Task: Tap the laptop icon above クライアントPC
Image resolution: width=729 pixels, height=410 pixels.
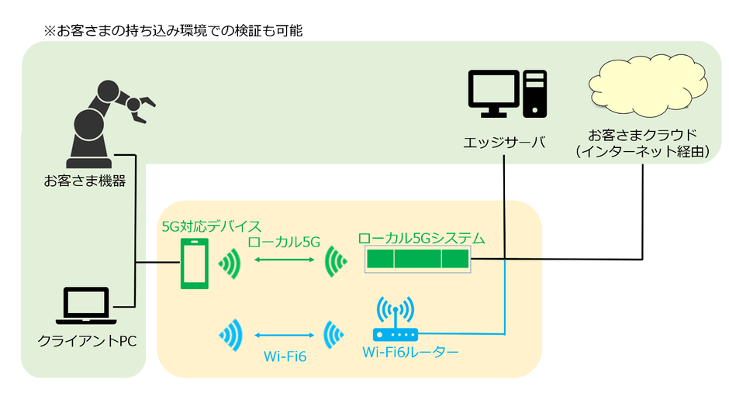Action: point(85,307)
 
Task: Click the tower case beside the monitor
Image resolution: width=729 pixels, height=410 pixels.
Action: point(536,94)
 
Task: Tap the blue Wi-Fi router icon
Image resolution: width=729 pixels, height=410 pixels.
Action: point(396,322)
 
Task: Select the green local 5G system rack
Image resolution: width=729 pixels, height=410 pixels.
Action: point(418,260)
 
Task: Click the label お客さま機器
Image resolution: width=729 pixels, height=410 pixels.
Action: point(85,182)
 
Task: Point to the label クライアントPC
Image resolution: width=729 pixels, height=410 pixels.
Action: point(86,341)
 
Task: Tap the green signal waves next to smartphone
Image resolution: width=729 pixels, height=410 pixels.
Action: point(230,264)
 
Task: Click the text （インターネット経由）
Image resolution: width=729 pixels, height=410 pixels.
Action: point(643,152)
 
